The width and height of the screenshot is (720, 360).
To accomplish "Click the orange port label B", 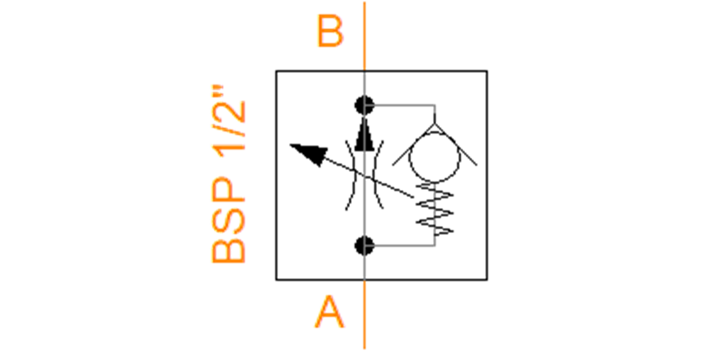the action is (x=330, y=31).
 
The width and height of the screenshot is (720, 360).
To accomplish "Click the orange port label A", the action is (x=329, y=311).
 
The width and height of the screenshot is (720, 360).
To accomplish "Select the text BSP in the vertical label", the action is (x=228, y=220).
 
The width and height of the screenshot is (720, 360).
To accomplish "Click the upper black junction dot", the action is (x=365, y=106).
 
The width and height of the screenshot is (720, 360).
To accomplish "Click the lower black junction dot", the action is (x=365, y=246).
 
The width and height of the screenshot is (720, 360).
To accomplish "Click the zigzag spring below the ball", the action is (x=434, y=209).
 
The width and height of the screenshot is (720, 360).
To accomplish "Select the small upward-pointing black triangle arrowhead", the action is (x=365, y=134).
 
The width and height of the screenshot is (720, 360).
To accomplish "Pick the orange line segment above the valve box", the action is (x=365, y=36).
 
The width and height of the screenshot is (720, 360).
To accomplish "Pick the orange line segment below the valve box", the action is (x=365, y=314).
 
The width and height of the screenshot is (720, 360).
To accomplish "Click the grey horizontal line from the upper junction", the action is (x=404, y=105).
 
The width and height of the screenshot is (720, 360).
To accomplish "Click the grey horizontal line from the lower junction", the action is (x=404, y=246).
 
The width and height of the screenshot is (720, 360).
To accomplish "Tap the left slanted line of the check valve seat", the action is (x=413, y=145).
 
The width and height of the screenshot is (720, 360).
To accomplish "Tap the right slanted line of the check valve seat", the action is (x=456, y=145).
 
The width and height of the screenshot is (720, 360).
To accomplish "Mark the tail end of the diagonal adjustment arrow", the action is (x=413, y=197).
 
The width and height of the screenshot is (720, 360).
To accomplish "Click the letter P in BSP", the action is (x=228, y=190).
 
